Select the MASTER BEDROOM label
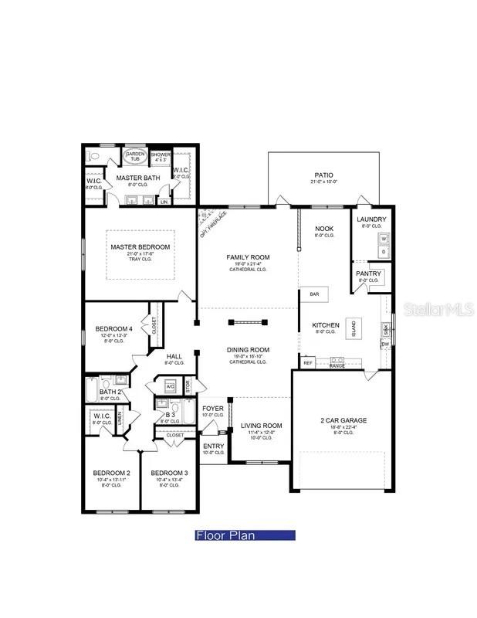(140, 247)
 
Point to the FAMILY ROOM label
(247, 256)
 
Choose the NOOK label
(324, 229)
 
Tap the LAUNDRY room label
(371, 219)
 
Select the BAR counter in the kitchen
(314, 294)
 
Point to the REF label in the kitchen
(308, 362)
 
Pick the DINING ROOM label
(247, 350)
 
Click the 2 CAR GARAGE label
(344, 421)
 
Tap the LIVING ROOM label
(261, 426)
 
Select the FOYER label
(212, 408)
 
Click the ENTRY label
(212, 446)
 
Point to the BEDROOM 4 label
(114, 329)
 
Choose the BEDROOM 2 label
(112, 473)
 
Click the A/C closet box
(171, 385)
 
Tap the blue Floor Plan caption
(245, 535)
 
